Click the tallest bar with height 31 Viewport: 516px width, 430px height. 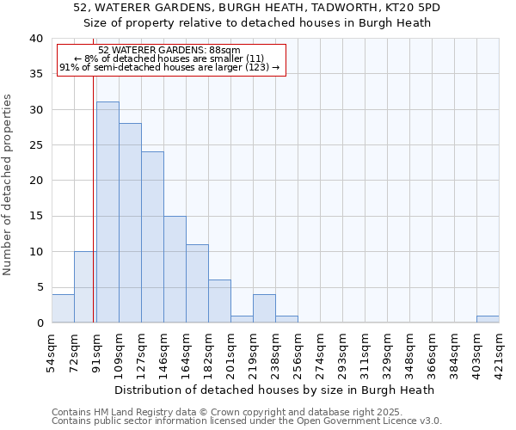click(x=107, y=212)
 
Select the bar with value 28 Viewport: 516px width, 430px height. click(x=130, y=223)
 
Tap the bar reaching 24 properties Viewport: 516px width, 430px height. click(x=152, y=237)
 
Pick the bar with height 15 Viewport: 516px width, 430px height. click(x=175, y=269)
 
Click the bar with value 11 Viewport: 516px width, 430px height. click(x=197, y=284)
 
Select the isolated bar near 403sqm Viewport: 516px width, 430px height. click(x=488, y=319)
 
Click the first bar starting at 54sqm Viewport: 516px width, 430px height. click(x=63, y=309)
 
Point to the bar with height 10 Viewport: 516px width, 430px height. click(x=85, y=287)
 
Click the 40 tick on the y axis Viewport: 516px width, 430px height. click(x=35, y=39)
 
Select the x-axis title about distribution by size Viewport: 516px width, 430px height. click(x=274, y=390)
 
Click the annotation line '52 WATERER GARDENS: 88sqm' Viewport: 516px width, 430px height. click(x=169, y=51)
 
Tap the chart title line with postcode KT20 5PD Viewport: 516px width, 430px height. click(x=257, y=8)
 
